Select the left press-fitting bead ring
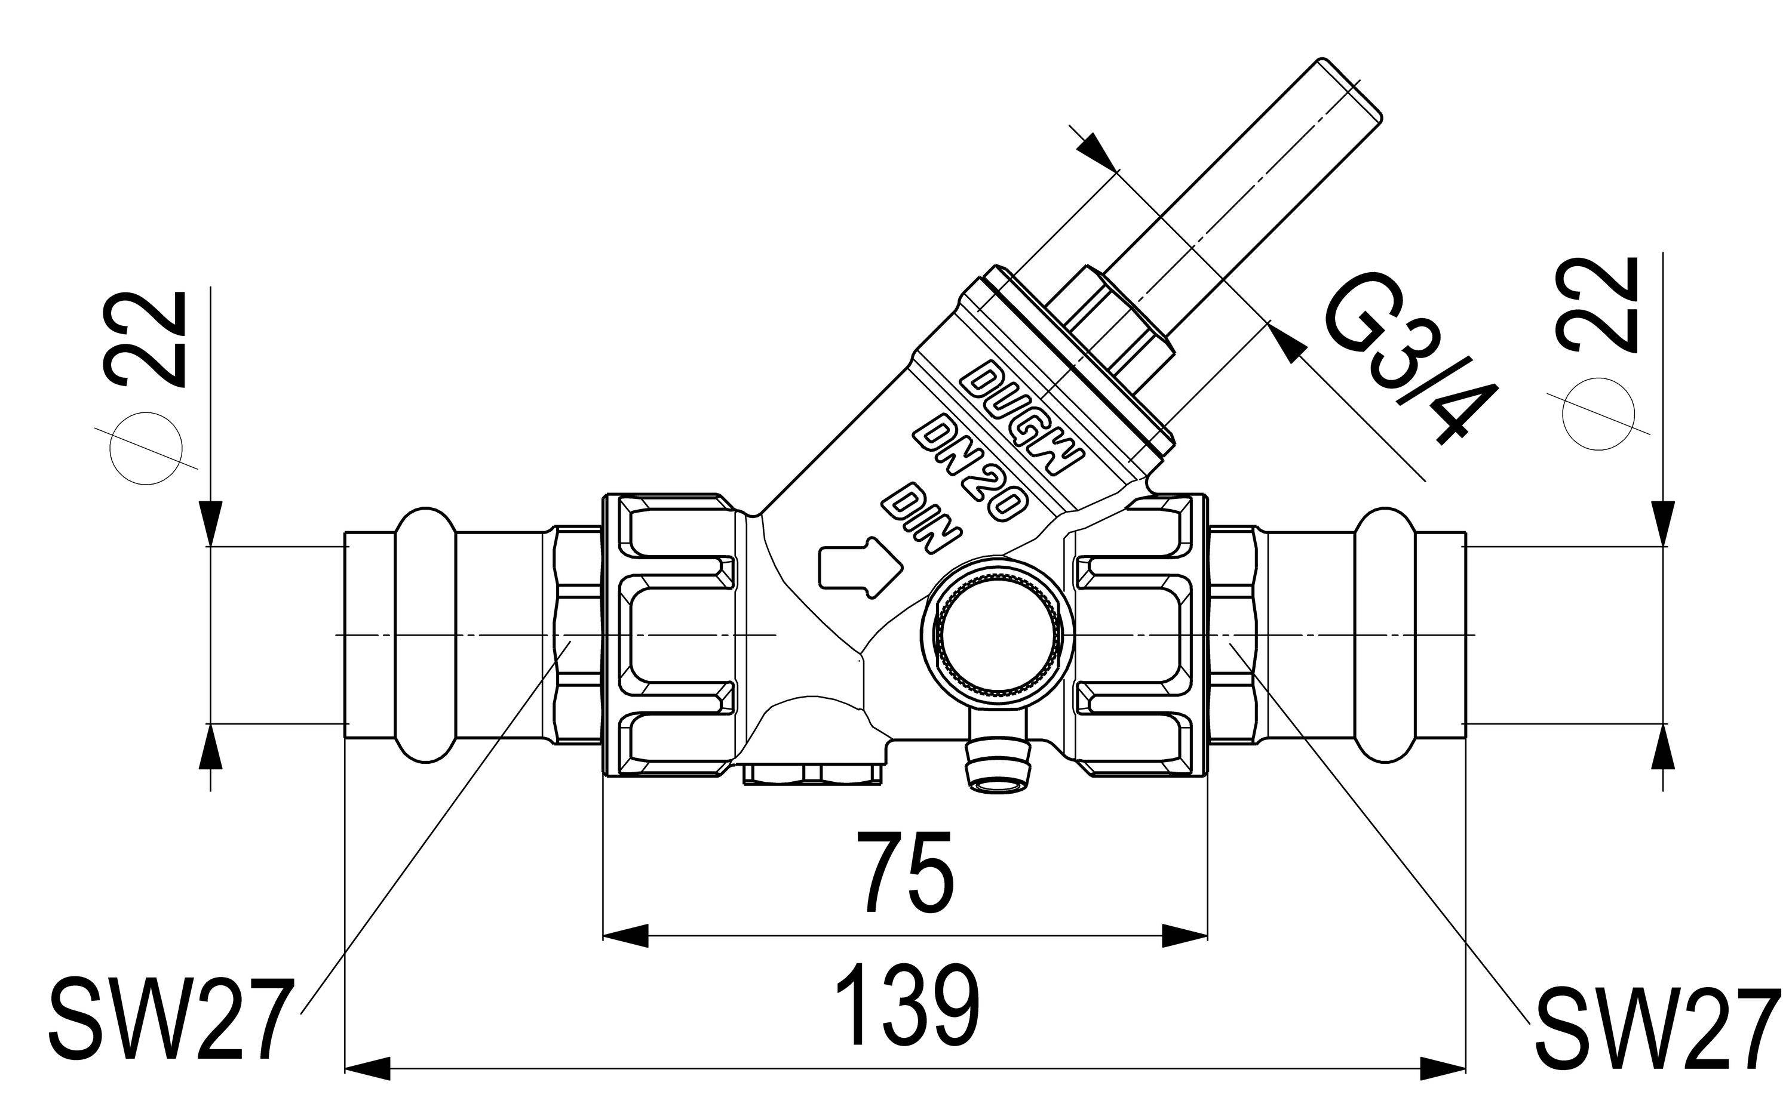click(425, 636)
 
